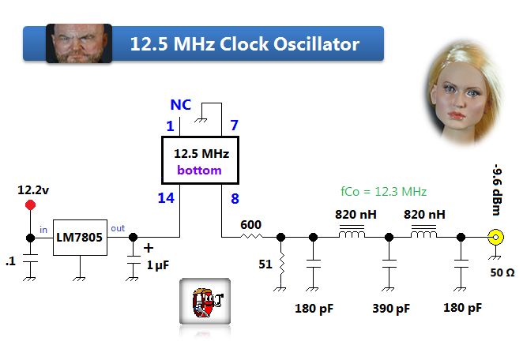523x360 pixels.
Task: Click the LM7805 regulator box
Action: pos(80,238)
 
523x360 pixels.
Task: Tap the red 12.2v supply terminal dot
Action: pos(31,205)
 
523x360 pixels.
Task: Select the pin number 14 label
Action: pos(166,198)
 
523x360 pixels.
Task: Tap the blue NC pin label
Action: pos(180,105)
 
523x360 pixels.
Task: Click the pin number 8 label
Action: pos(234,198)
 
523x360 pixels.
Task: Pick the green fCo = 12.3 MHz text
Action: pos(383,191)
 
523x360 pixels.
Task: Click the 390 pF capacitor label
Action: pos(392,309)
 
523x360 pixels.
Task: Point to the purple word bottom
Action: pos(199,170)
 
